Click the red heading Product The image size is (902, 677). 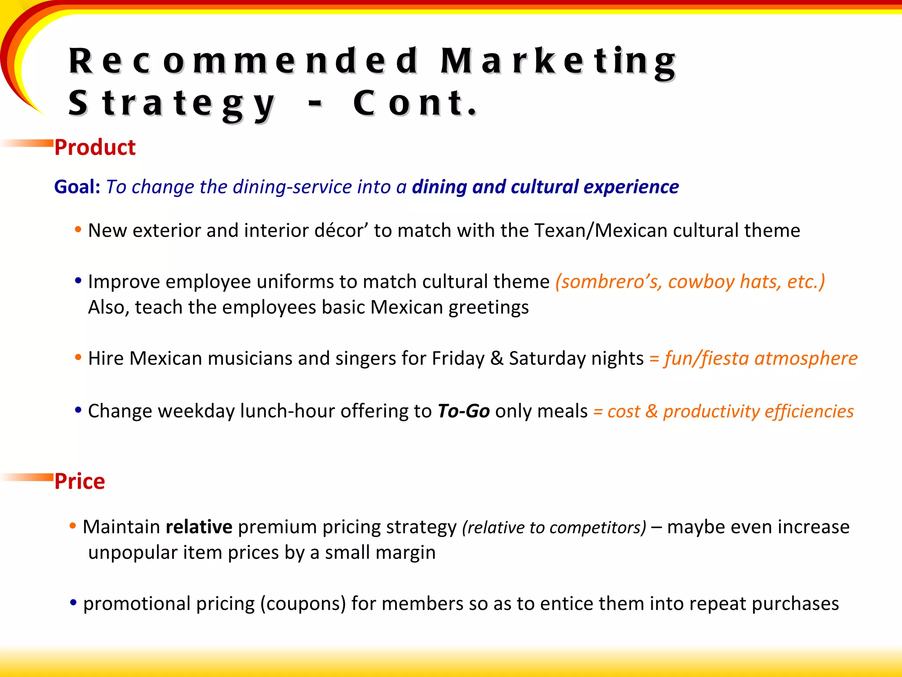[95, 147]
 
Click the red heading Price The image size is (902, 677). [80, 481]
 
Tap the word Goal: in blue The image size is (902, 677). [77, 187]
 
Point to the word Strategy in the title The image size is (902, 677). [172, 104]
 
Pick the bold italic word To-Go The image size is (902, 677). [463, 411]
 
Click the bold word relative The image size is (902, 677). [199, 527]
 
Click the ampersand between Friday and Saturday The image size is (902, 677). [497, 358]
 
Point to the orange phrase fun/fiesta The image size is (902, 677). [707, 358]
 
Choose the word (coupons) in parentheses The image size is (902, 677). [303, 604]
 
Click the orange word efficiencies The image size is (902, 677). [809, 411]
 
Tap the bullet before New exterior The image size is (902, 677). [78, 229]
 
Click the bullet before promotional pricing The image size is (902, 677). [74, 602]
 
